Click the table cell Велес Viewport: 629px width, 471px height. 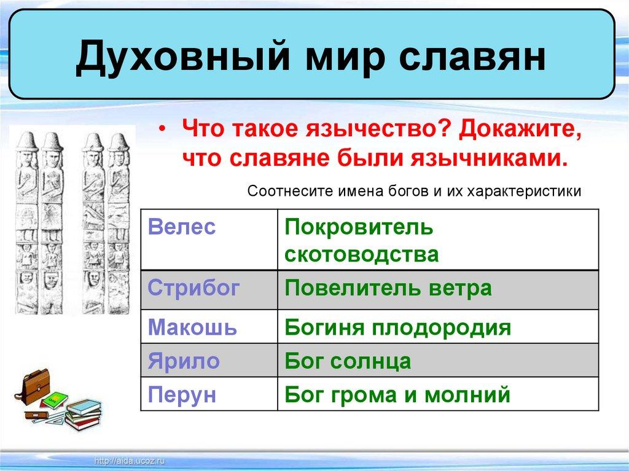point(209,239)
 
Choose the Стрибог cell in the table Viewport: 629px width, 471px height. point(209,290)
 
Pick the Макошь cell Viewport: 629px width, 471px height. point(209,326)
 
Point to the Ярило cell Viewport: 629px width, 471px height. point(209,360)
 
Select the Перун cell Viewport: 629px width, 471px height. point(209,394)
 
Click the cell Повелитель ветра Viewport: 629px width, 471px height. point(438,290)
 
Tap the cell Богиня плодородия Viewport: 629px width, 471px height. point(438,326)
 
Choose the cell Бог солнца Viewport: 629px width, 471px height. point(438,360)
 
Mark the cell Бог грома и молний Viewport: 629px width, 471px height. point(438,394)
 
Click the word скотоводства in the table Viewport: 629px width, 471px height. point(361,254)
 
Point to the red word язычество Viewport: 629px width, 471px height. point(377,129)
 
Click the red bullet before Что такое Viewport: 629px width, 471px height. point(162,129)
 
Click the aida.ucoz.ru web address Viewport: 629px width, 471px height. point(129,461)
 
